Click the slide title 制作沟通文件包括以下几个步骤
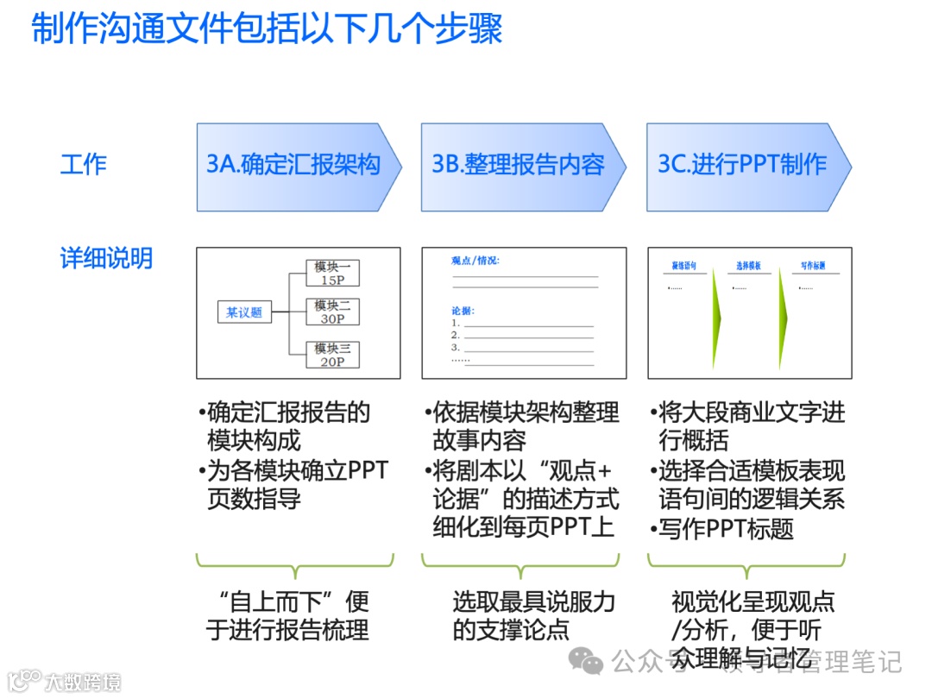click(267, 30)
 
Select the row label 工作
click(84, 164)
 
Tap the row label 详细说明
click(106, 257)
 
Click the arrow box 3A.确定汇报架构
click(293, 166)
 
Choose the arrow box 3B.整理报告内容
click(519, 166)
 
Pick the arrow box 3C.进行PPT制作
click(743, 166)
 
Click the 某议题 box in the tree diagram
click(244, 312)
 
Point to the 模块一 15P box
click(332, 274)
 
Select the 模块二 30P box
click(332, 312)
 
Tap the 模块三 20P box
click(332, 355)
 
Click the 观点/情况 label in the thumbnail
click(475, 260)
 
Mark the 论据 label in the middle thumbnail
click(463, 310)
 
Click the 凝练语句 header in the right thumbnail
click(684, 266)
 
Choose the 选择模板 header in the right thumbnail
click(748, 266)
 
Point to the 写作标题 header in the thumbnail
click(814, 266)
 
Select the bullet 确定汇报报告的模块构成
click(288, 425)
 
